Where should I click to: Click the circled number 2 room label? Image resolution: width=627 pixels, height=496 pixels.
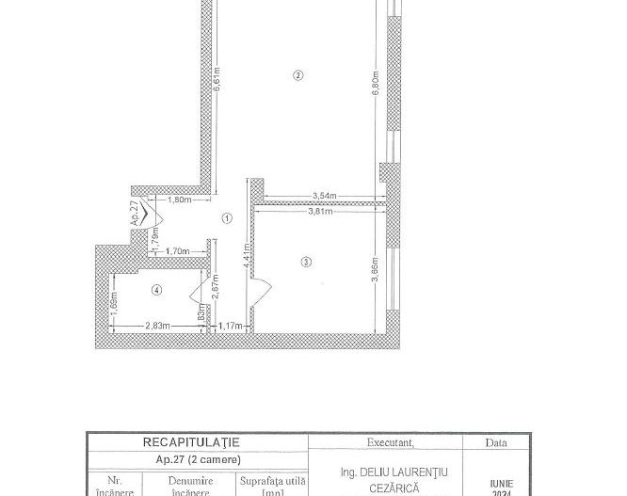pyautogui.click(x=298, y=75)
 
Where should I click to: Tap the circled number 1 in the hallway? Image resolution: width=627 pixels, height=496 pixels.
pyautogui.click(x=227, y=218)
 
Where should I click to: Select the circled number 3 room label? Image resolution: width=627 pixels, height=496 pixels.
pyautogui.click(x=306, y=262)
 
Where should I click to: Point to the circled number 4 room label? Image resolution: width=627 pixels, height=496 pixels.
pyautogui.click(x=157, y=290)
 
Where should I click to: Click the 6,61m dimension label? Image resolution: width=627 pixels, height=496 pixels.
pyautogui.click(x=217, y=77)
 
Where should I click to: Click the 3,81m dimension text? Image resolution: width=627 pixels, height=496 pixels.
pyautogui.click(x=321, y=212)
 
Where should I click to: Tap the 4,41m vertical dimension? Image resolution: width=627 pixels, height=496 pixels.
pyautogui.click(x=246, y=255)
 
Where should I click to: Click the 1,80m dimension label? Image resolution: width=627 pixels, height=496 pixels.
pyautogui.click(x=179, y=200)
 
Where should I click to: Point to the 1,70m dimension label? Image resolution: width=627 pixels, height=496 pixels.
pyautogui.click(x=178, y=251)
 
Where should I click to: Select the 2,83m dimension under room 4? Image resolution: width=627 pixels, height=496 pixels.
pyautogui.click(x=157, y=326)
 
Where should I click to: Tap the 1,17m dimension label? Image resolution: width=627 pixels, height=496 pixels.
pyautogui.click(x=230, y=326)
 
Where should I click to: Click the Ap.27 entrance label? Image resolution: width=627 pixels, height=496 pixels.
pyautogui.click(x=136, y=212)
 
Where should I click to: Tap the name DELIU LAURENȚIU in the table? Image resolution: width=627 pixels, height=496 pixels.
pyautogui.click(x=394, y=472)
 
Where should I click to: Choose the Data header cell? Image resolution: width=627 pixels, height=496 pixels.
pyautogui.click(x=496, y=442)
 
